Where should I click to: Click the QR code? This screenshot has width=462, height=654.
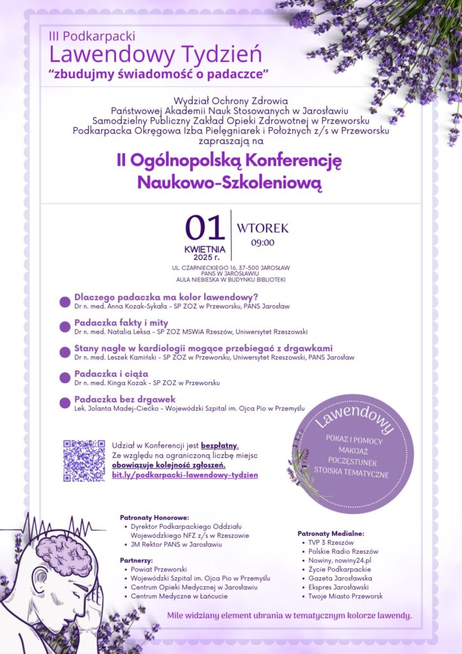click(84, 460)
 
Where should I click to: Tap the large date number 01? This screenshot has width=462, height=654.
click(205, 228)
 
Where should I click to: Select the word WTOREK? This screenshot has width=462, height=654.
click(262, 228)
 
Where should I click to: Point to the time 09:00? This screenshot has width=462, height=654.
click(262, 243)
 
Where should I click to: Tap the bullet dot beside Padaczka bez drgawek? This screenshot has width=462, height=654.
click(64, 403)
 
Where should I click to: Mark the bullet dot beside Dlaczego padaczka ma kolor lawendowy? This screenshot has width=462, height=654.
click(64, 301)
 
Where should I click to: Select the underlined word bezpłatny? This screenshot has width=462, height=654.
click(220, 445)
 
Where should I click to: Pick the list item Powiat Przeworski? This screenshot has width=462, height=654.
click(158, 568)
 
